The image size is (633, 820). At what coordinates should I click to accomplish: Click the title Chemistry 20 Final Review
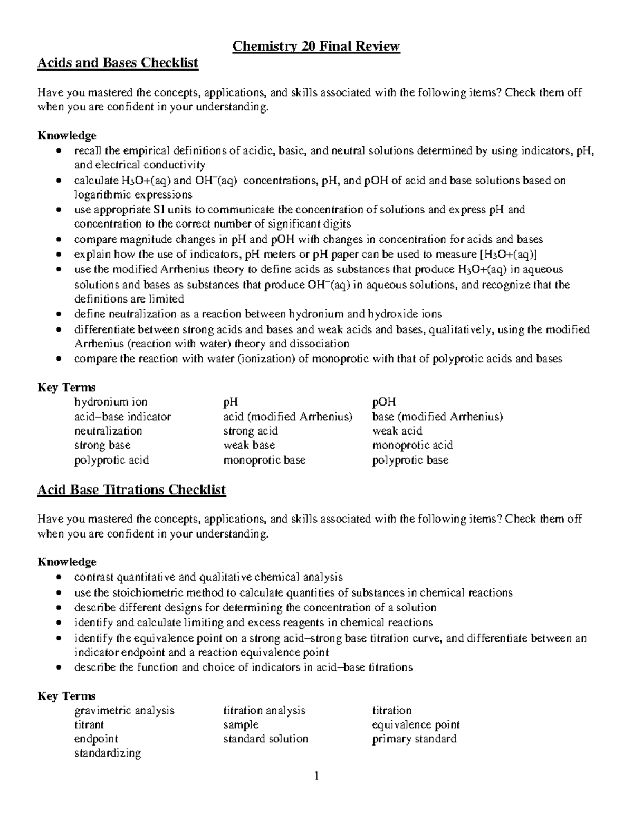(316, 46)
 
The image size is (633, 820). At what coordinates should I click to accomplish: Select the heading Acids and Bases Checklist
(118, 63)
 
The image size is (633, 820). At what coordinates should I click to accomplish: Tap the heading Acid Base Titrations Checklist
(131, 490)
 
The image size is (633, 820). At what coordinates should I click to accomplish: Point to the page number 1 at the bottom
(316, 776)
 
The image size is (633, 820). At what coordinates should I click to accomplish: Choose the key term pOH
(384, 402)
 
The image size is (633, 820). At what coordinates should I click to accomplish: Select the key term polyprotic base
(410, 460)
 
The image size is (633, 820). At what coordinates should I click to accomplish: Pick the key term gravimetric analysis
(124, 710)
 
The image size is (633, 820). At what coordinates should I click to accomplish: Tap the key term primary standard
(414, 739)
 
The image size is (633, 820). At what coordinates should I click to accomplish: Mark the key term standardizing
(108, 753)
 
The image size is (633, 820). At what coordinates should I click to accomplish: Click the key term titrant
(89, 724)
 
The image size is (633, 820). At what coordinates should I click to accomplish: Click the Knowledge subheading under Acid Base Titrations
(66, 562)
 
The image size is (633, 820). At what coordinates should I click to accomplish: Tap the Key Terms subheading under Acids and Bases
(66, 388)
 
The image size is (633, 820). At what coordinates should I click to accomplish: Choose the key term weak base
(249, 445)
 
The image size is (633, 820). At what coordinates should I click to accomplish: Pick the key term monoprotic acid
(413, 445)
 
